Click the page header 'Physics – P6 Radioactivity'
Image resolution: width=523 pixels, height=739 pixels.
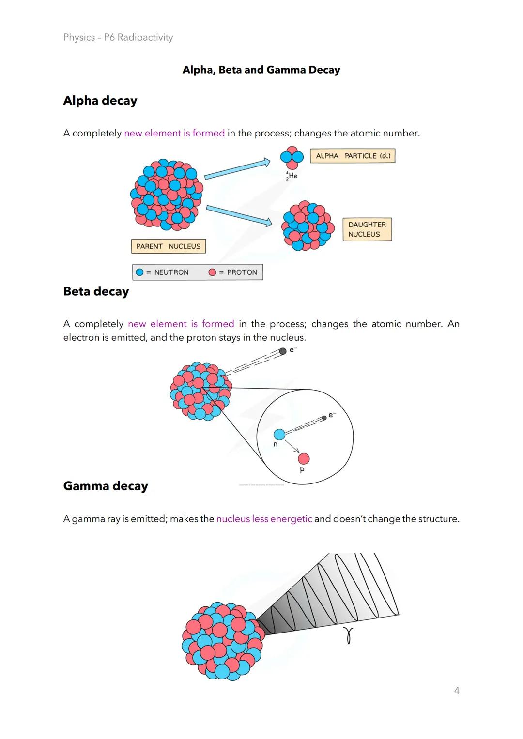pos(118,37)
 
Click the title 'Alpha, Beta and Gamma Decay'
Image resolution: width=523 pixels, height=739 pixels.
pos(261,70)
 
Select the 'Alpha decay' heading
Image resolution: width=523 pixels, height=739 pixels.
pos(100,101)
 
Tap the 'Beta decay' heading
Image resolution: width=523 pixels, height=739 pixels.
pos(96,291)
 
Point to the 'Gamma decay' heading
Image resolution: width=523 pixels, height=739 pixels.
pos(106,486)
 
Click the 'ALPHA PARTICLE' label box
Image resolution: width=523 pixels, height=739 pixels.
pos(353,156)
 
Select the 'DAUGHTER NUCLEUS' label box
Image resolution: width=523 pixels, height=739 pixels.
pos(367,229)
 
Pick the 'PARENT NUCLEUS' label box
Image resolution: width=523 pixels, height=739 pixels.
pos(169,246)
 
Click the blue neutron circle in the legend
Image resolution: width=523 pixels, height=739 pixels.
pos(140,272)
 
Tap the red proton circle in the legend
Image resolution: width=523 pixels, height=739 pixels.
pos(212,272)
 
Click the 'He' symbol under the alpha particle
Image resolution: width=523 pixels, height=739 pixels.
pos(292,176)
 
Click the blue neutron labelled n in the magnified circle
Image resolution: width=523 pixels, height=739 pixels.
pos(279,434)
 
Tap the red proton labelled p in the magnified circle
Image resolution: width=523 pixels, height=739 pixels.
pos(304,458)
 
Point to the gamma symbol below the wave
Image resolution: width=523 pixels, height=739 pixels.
pos(348,635)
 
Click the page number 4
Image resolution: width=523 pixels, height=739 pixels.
pos(457,691)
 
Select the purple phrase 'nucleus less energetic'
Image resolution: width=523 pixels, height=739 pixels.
pos(264,519)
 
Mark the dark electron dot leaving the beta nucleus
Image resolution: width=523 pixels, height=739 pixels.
pos(283,351)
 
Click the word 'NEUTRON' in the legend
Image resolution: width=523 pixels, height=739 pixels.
pos(171,272)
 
